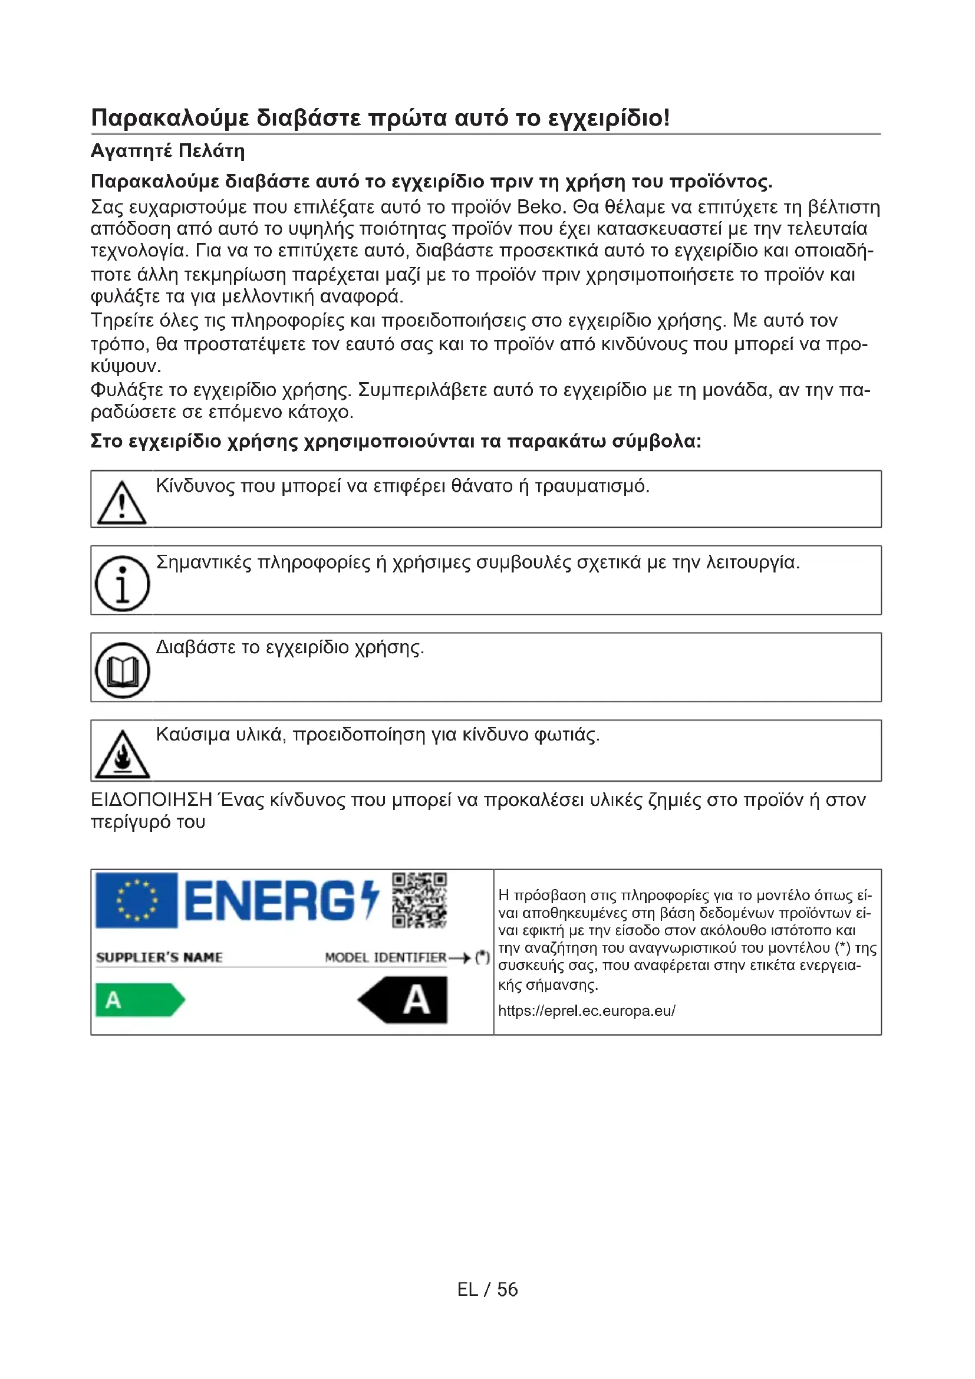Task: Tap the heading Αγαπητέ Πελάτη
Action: tap(167, 151)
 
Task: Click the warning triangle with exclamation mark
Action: tap(122, 503)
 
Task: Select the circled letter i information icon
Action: tap(123, 582)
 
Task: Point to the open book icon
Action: tap(123, 670)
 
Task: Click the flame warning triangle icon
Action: tap(123, 755)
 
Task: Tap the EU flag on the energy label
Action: tap(136, 900)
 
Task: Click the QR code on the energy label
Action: tap(419, 900)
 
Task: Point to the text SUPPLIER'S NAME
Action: tap(159, 957)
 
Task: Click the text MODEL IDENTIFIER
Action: tap(386, 957)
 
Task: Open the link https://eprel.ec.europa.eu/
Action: tap(587, 1011)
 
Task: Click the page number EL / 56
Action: tap(487, 1289)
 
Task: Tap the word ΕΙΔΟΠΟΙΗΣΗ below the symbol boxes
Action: tap(151, 801)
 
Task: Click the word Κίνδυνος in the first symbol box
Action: tap(195, 486)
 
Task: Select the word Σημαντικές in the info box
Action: tap(203, 562)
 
